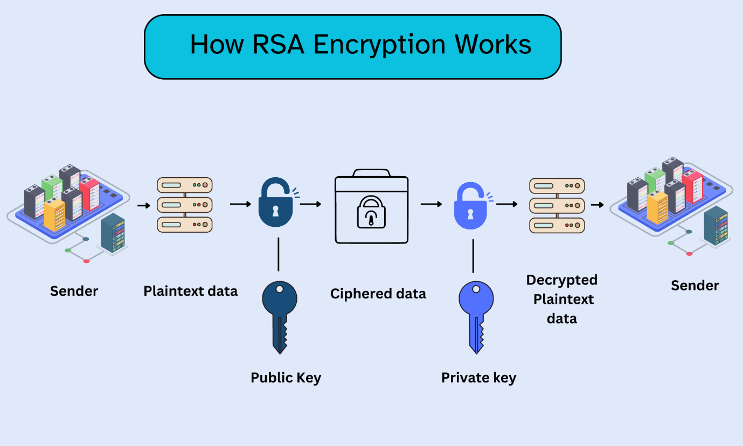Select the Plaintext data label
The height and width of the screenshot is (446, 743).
tap(190, 291)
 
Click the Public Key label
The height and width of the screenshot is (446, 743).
tap(286, 378)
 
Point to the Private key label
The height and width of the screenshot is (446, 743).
tap(478, 378)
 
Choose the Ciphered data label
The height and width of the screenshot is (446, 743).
tap(378, 294)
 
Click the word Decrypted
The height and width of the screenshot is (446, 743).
tap(561, 280)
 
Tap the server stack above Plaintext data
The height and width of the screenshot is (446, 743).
tap(184, 205)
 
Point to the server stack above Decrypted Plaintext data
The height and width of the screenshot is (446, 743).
tap(557, 205)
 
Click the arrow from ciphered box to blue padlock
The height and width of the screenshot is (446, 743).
tap(432, 204)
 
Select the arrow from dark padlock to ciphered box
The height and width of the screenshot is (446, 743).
tap(311, 204)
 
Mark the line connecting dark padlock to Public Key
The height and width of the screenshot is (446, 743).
tap(279, 254)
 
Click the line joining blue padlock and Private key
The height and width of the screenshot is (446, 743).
tap(473, 256)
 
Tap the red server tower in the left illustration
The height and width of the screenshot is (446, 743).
tap(89, 194)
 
